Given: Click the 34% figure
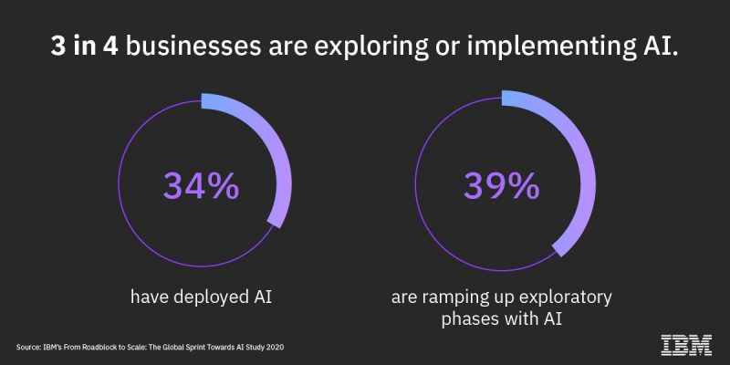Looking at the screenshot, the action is click(201, 186).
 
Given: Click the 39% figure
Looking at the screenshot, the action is click(501, 186).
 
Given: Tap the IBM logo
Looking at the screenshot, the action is click(686, 345).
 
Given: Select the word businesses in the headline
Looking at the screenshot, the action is click(193, 48).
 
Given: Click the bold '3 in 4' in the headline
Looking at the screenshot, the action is click(85, 48).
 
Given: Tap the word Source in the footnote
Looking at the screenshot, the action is click(26, 348).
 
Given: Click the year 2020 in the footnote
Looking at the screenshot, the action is click(276, 348).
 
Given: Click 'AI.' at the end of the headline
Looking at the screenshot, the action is click(660, 48).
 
